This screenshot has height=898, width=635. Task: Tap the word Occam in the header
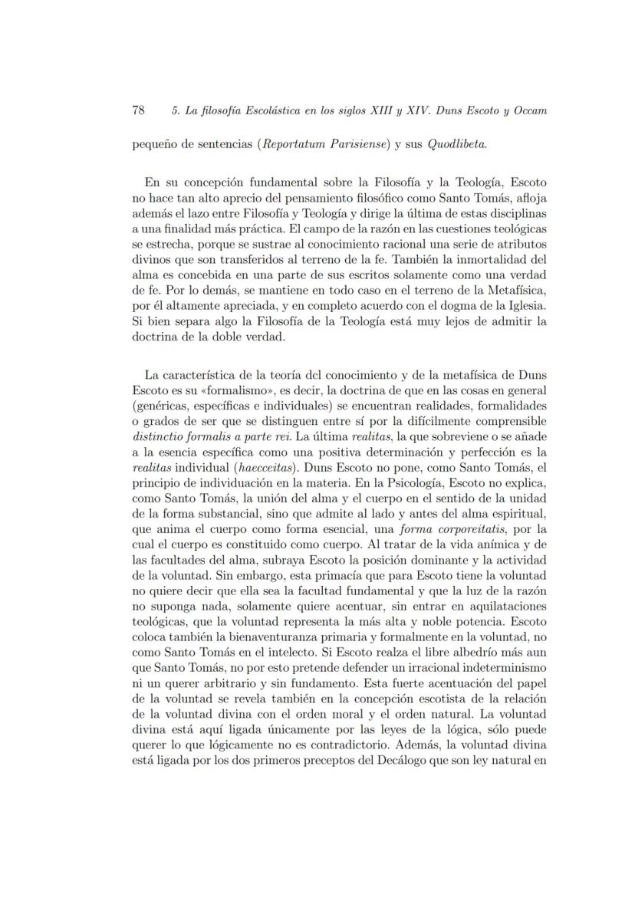(527, 110)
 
